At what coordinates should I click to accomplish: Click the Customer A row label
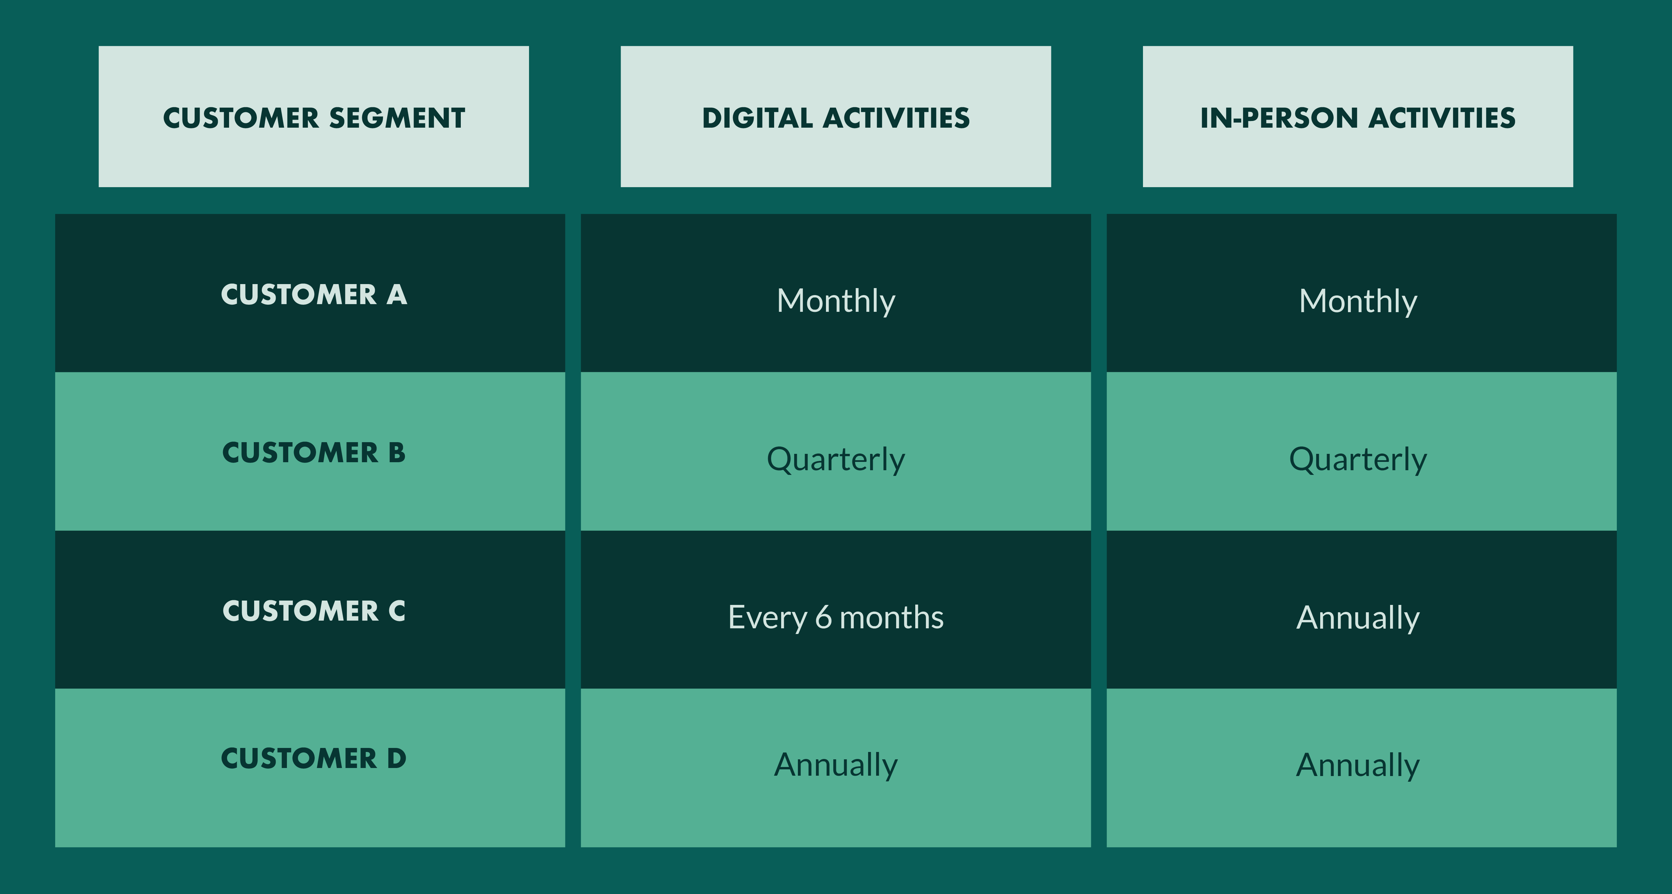pyautogui.click(x=314, y=294)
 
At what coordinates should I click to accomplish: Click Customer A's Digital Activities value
pyautogui.click(x=836, y=302)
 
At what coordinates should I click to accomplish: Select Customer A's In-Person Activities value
pyautogui.click(x=1358, y=302)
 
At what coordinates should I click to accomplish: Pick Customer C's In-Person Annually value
pyautogui.click(x=1358, y=618)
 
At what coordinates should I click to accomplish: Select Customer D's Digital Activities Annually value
pyautogui.click(x=836, y=766)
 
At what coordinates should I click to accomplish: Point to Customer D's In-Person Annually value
pyautogui.click(x=1358, y=766)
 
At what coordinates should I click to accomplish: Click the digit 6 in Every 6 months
pyautogui.click(x=823, y=617)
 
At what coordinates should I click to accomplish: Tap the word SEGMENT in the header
pyautogui.click(x=397, y=118)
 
